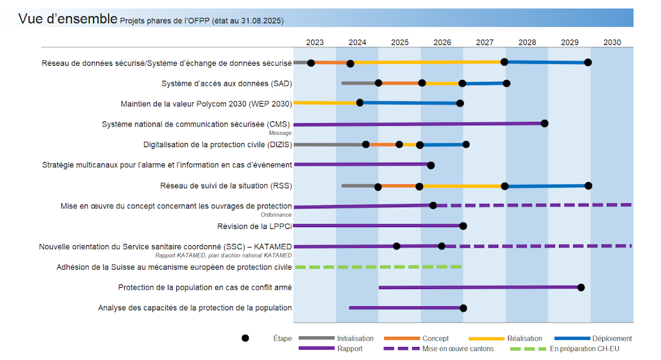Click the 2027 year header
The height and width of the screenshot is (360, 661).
[x=485, y=43]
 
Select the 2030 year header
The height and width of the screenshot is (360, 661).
[x=612, y=43]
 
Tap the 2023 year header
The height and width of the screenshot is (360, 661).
[x=315, y=43]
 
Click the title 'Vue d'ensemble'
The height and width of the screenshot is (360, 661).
[x=68, y=19]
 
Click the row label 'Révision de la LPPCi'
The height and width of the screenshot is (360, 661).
[x=254, y=226]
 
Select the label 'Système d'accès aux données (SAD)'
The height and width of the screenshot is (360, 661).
[x=227, y=84]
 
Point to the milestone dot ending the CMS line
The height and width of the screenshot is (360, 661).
[x=544, y=123]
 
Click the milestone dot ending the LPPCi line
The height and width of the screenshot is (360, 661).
[x=463, y=226]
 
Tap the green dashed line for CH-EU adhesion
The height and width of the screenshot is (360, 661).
[x=378, y=266]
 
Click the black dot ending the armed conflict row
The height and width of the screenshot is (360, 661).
[x=581, y=287]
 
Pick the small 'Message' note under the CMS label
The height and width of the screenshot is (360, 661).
[x=280, y=133]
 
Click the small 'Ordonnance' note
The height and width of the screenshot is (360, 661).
[x=276, y=215]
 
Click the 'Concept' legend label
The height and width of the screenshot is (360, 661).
[x=436, y=339]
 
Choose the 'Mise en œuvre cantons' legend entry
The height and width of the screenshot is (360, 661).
[x=458, y=349]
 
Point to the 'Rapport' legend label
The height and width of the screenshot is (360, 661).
[x=350, y=349]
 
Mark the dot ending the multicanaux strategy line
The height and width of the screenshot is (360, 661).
[x=431, y=165]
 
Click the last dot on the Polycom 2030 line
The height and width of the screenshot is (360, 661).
[x=460, y=103]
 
